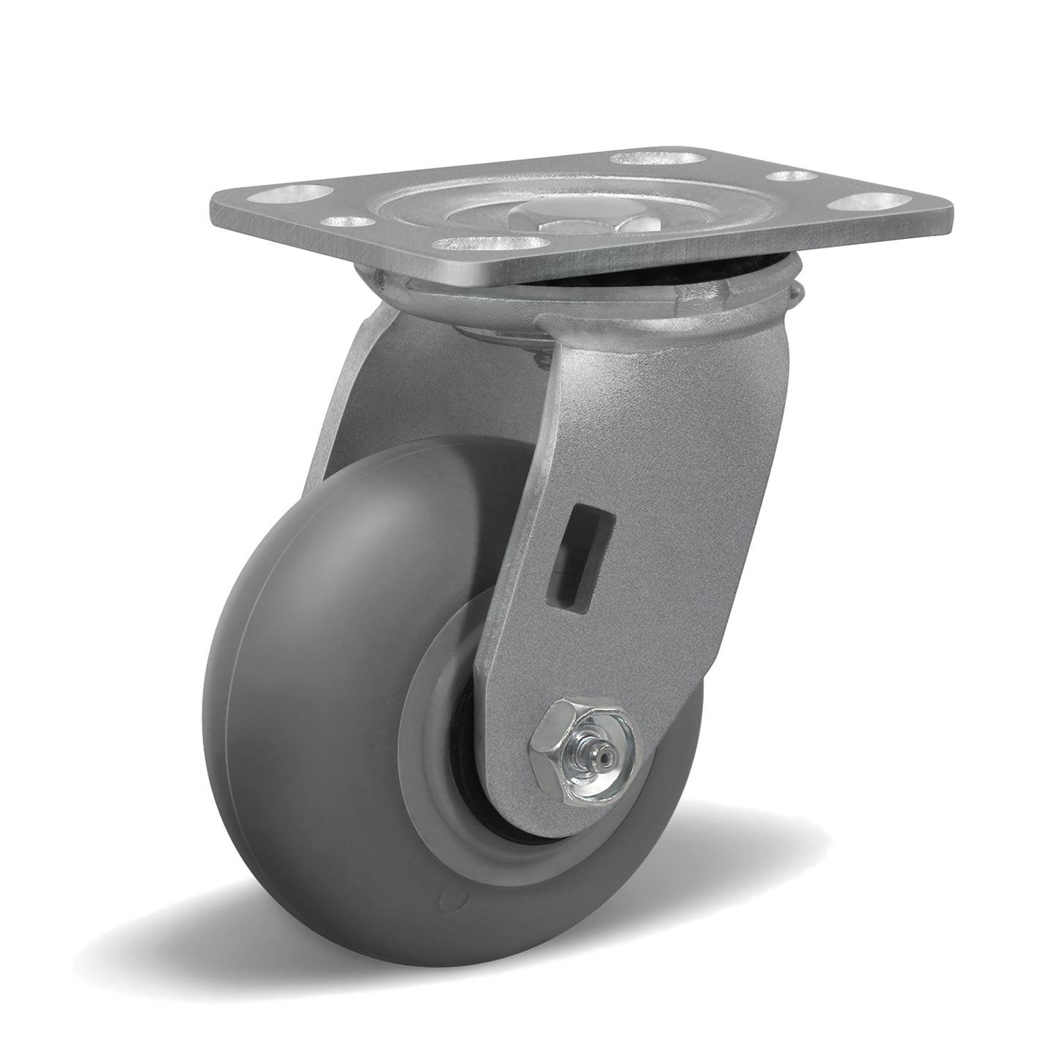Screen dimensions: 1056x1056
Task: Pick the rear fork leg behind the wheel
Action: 351,380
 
